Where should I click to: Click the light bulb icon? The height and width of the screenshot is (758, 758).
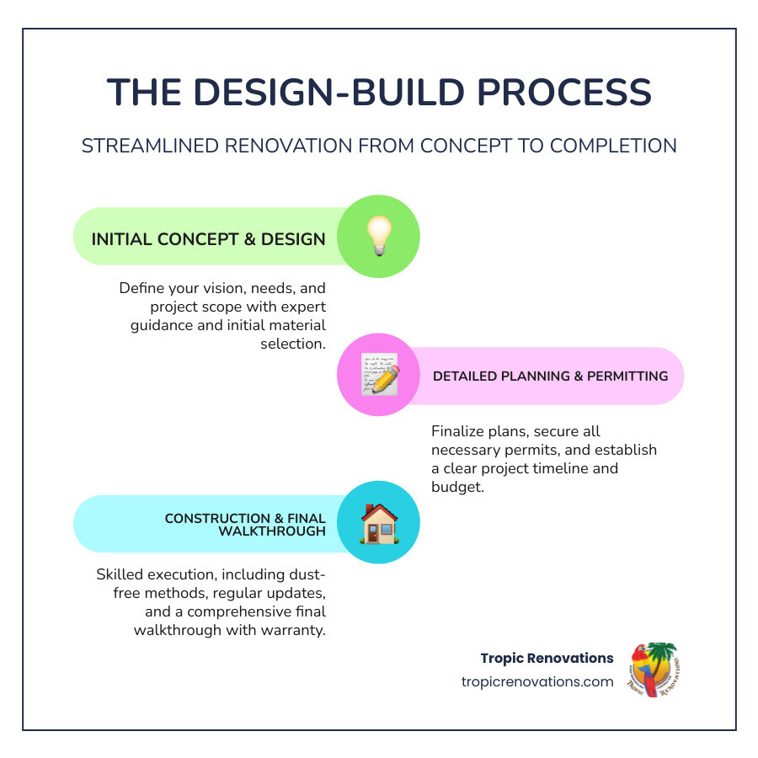(378, 237)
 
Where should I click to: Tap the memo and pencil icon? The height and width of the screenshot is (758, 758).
(379, 376)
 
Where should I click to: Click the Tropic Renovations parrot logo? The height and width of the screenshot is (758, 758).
(653, 669)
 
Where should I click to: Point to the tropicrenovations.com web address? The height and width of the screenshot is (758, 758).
(537, 681)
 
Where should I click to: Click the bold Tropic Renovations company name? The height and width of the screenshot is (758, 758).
(547, 658)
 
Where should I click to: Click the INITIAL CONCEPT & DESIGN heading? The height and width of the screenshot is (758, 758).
(208, 239)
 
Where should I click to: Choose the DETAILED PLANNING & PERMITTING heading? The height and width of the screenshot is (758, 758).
(550, 376)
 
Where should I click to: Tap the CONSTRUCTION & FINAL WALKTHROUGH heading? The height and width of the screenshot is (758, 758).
(245, 525)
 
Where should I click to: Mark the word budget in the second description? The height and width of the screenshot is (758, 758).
(457, 487)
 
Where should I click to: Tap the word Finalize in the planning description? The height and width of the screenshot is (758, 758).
(459, 431)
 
